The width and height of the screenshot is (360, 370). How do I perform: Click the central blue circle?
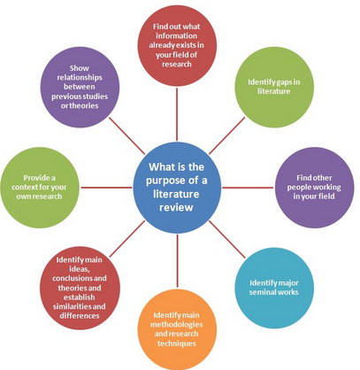[x=177, y=188]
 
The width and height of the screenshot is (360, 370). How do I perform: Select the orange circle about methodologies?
[x=177, y=329]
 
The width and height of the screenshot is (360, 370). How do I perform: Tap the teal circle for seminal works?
[x=274, y=288]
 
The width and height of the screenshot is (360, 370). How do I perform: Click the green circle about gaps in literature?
[x=274, y=87]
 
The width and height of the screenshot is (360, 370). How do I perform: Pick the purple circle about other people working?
[x=314, y=188]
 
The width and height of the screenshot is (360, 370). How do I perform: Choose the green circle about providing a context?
[x=40, y=188]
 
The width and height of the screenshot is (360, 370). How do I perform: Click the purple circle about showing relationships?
[x=80, y=87]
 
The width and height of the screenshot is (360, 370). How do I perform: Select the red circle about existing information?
[x=177, y=45]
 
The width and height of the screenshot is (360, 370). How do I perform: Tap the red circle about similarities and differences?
[x=80, y=288]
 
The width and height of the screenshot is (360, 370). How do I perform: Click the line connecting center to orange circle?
[x=177, y=261]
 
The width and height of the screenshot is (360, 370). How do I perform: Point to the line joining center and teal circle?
[x=226, y=239]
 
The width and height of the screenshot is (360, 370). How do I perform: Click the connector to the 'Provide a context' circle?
[x=106, y=188]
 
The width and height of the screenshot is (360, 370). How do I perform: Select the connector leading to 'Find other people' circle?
[x=248, y=188]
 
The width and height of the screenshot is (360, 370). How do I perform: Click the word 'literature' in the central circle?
[x=176, y=194]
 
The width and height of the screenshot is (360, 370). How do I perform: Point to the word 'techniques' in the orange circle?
[x=177, y=343]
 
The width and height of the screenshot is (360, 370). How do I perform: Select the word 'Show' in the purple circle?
[x=80, y=68]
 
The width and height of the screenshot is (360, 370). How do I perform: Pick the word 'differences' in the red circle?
[x=80, y=316]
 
